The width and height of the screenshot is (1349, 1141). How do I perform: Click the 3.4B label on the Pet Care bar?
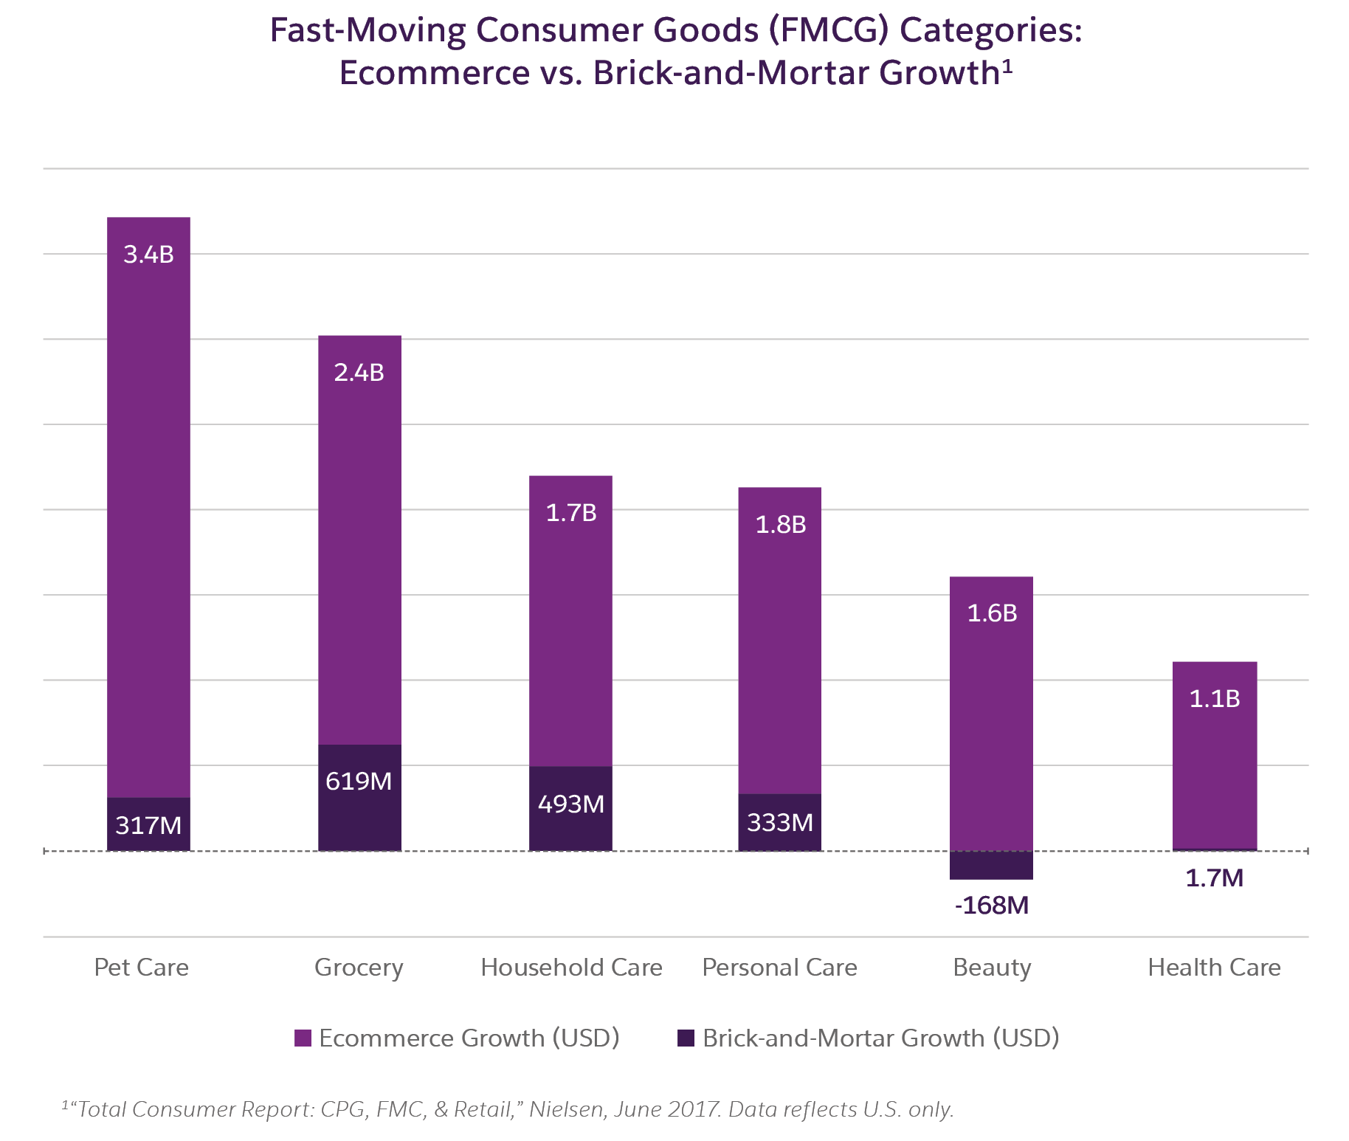click(148, 255)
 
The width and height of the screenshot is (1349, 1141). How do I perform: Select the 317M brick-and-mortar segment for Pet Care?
click(148, 824)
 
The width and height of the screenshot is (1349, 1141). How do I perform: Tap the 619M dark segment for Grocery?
click(359, 797)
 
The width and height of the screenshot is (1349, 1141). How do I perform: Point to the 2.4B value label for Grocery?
click(359, 373)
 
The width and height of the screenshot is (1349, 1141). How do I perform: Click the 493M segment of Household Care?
click(570, 808)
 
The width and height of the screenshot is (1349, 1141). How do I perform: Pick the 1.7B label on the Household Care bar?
click(570, 513)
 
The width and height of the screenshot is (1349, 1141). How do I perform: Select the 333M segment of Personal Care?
click(779, 822)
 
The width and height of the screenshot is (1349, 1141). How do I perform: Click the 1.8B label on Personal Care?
click(780, 525)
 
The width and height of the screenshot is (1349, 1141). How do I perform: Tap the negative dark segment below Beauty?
click(991, 865)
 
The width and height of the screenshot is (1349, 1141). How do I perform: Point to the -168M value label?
click(991, 906)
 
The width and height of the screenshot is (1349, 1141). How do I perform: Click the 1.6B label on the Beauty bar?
click(992, 613)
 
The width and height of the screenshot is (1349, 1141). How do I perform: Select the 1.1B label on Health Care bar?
click(1215, 699)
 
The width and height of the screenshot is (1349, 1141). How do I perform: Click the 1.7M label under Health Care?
click(1215, 878)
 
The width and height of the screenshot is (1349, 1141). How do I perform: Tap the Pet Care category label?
click(141, 968)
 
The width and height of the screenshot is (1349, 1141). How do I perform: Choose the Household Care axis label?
click(571, 968)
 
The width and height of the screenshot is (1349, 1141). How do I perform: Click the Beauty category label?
click(991, 968)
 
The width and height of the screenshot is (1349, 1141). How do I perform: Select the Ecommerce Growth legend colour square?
click(303, 1038)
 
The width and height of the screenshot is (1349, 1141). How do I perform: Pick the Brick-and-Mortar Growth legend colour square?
click(686, 1038)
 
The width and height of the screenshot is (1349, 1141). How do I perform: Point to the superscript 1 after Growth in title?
click(1007, 67)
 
